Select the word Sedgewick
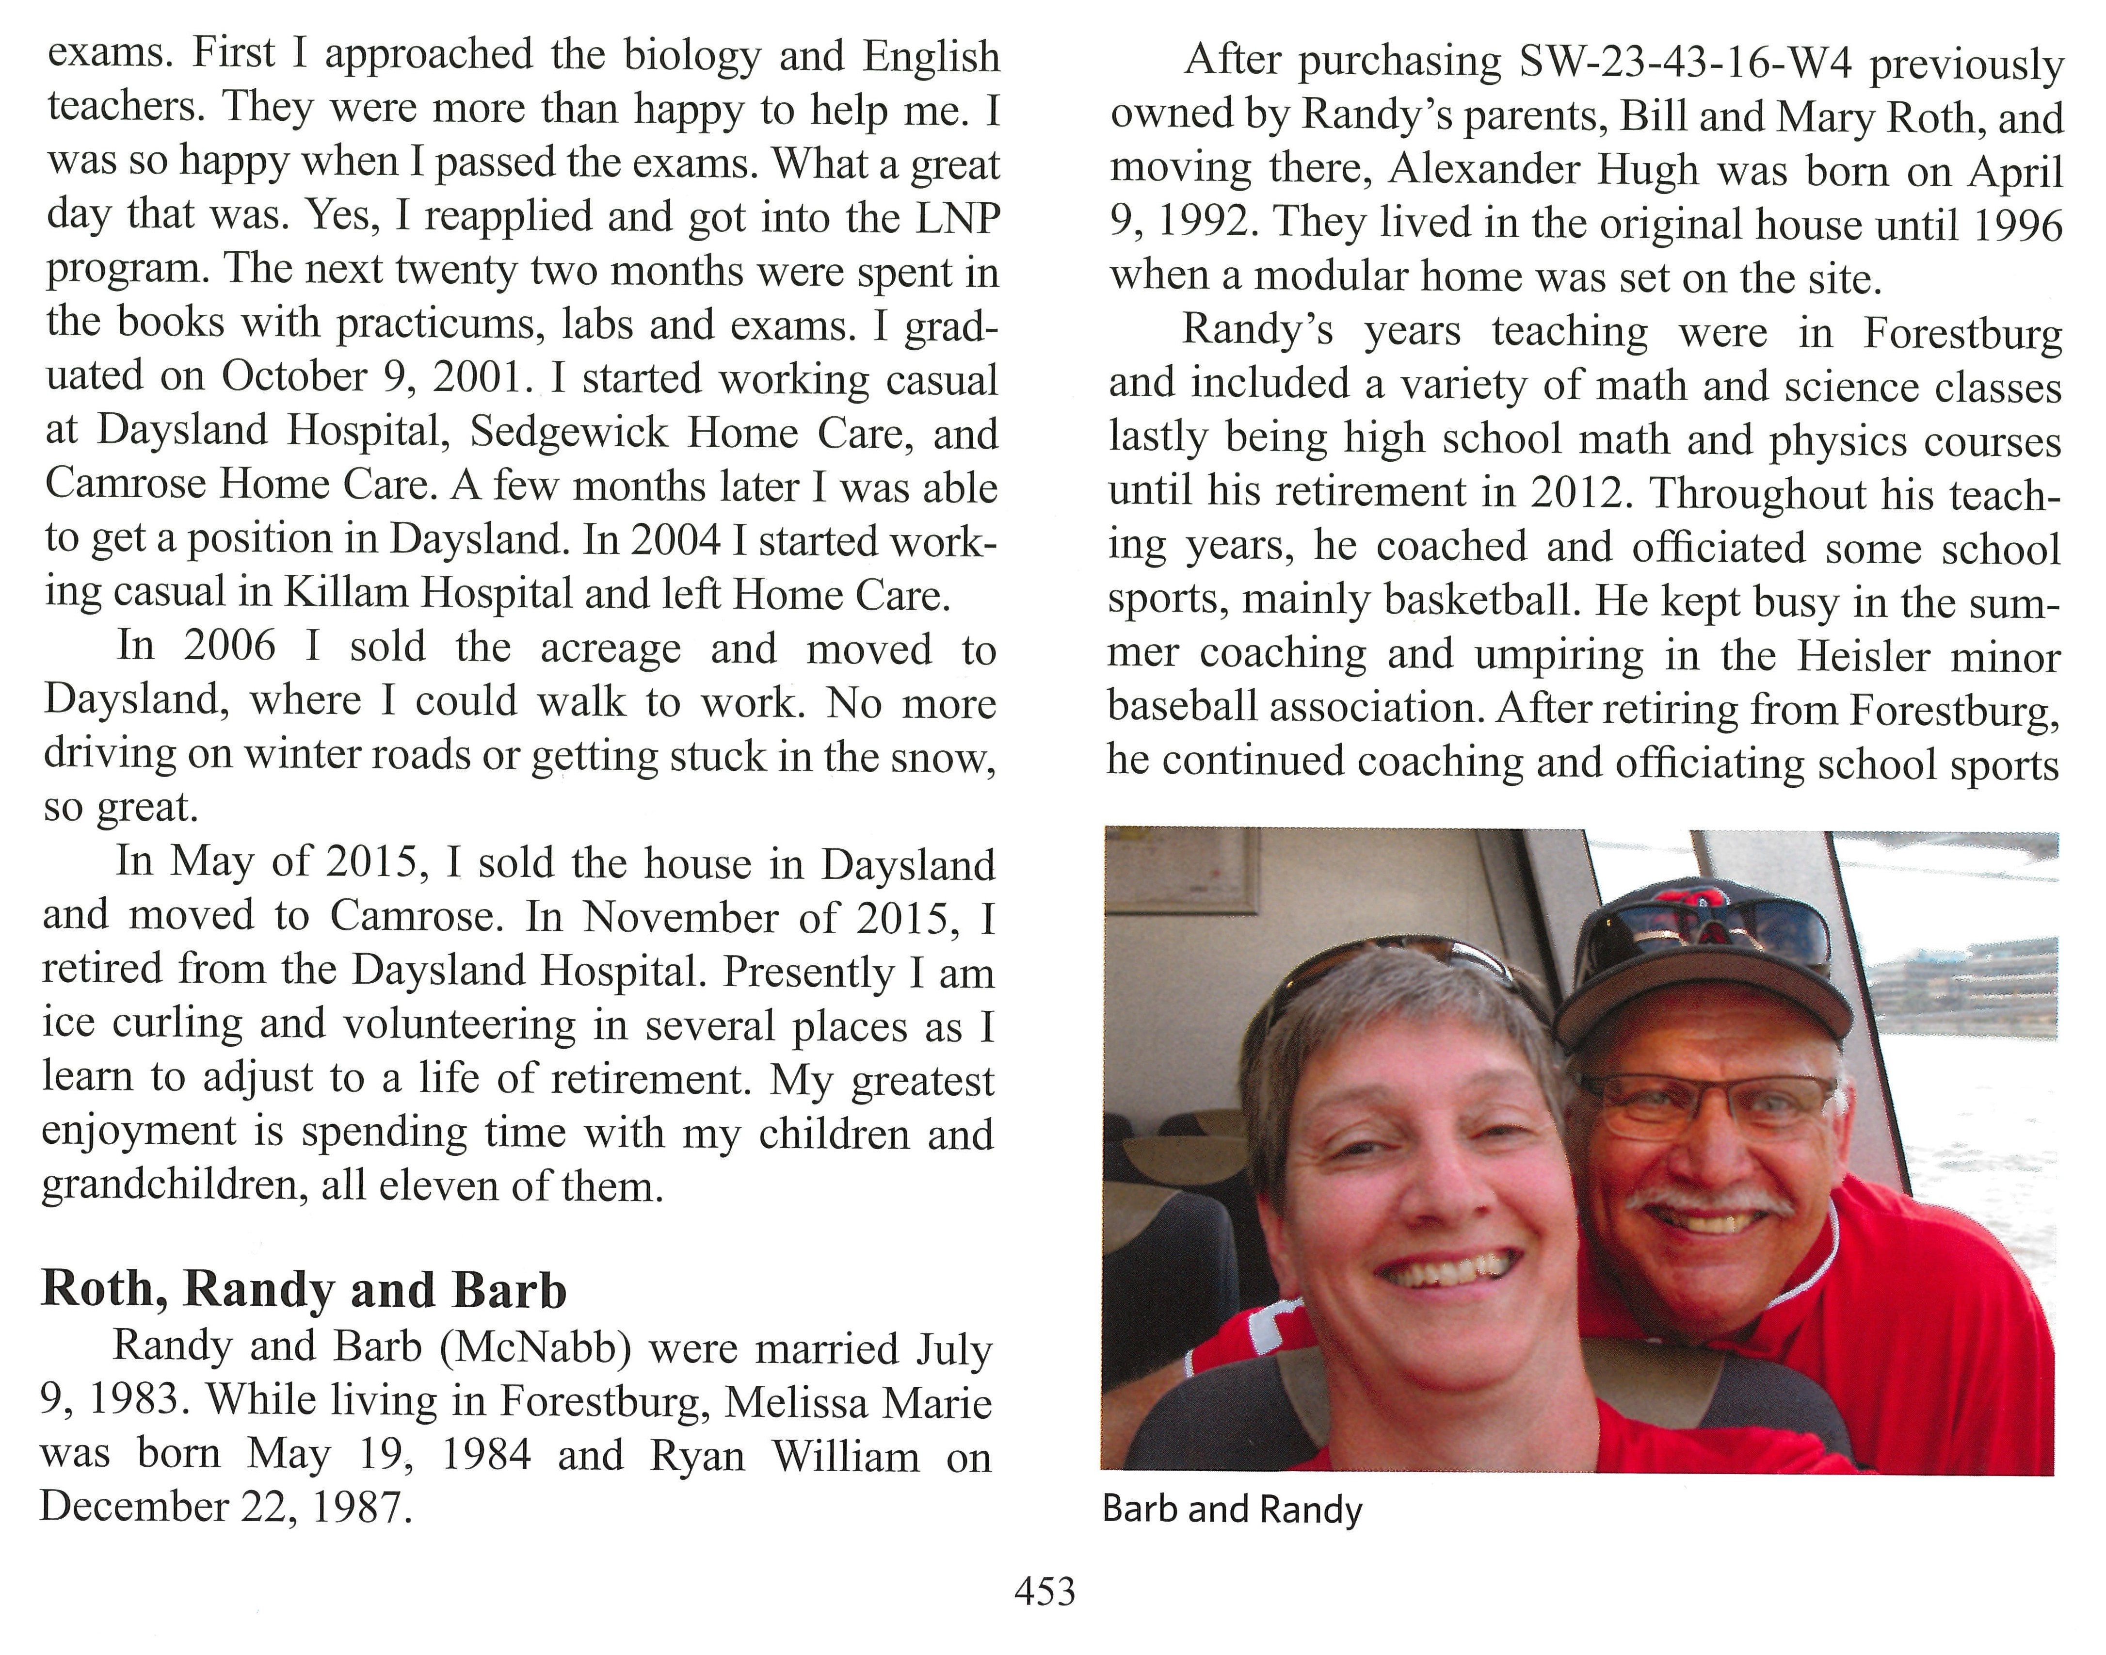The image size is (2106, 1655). click(569, 432)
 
